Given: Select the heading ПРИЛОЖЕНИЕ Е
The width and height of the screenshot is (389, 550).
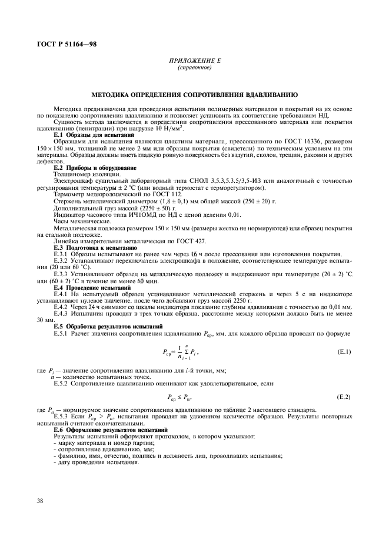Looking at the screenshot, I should (194, 61).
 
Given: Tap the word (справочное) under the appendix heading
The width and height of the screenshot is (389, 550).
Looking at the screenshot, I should (194, 67).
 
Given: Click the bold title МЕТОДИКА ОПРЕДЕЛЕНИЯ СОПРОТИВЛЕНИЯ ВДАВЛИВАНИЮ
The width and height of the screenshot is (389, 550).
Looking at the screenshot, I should (194, 94).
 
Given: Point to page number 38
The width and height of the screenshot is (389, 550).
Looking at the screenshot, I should (41, 500).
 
